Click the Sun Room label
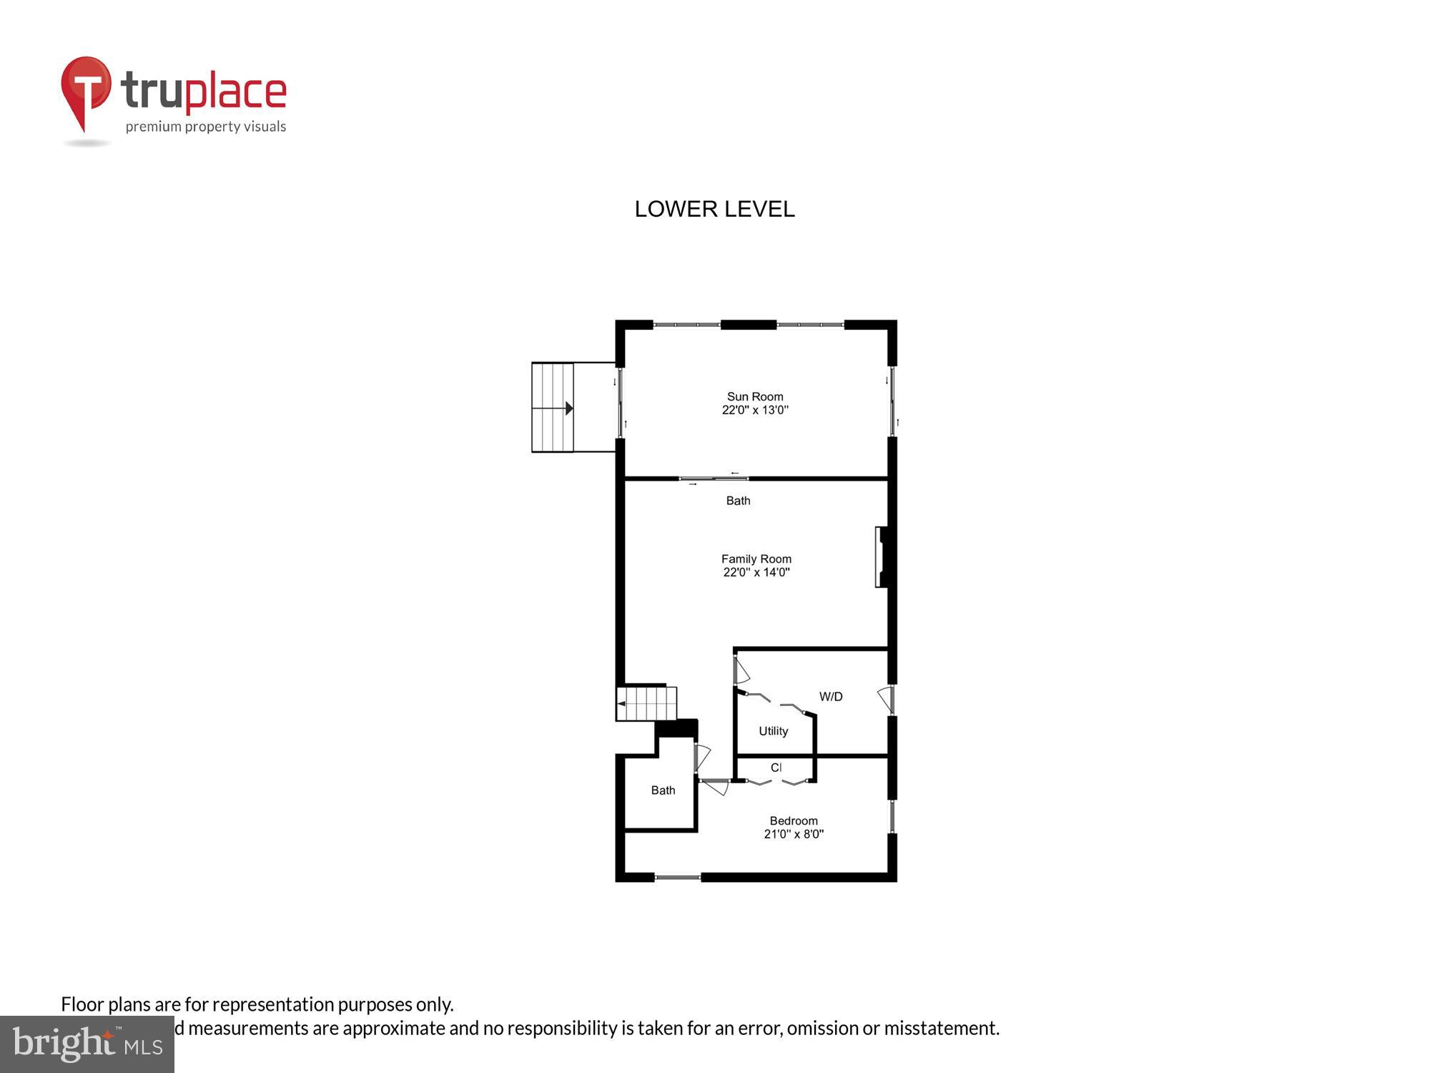tap(755, 396)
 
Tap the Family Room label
tap(756, 559)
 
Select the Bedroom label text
tap(793, 820)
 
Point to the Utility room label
tap(773, 730)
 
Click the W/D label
tap(830, 696)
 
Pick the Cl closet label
tap(776, 768)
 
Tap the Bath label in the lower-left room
tap(663, 790)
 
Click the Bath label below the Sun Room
tap(738, 501)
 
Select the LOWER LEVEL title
tap(714, 209)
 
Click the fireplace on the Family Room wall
tap(882, 557)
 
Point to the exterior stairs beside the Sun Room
tap(553, 408)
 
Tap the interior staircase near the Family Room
tap(646, 703)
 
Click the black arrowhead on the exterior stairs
tap(569, 408)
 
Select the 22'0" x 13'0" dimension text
tap(755, 410)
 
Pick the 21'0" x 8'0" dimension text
tap(794, 834)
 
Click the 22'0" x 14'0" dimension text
tap(756, 572)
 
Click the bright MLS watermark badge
tap(87, 1044)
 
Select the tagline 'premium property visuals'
tap(206, 127)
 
